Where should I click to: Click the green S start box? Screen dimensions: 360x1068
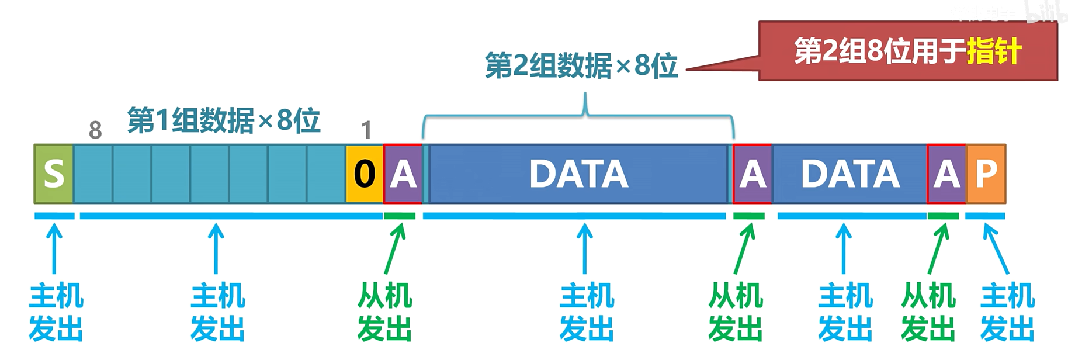tap(54, 174)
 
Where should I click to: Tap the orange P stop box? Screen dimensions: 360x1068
tap(986, 174)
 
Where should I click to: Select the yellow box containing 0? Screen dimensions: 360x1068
tap(365, 174)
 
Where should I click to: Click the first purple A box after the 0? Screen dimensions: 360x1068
tap(403, 174)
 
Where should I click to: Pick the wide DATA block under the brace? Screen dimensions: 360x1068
tap(578, 174)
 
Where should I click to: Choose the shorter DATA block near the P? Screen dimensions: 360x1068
tap(850, 174)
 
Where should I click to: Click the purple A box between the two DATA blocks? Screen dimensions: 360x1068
tap(753, 174)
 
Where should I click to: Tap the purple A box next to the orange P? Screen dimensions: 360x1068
tap(946, 174)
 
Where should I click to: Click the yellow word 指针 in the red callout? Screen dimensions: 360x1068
tap(994, 51)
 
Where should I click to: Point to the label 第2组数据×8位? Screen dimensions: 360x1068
tap(581, 65)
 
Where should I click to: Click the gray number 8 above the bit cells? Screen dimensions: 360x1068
tap(95, 130)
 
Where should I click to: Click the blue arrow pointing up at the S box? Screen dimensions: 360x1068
tap(54, 248)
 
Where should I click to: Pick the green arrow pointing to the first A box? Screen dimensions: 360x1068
tap(395, 248)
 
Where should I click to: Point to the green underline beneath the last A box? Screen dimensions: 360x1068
tap(943, 216)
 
